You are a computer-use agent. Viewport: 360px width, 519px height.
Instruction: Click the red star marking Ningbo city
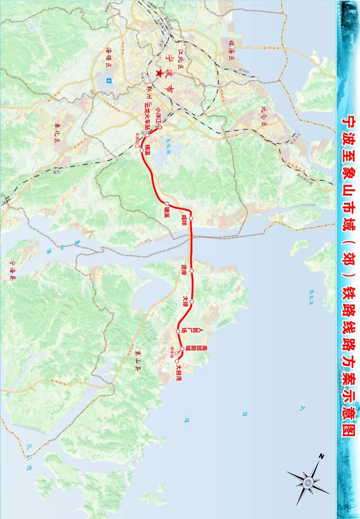coord(160,73)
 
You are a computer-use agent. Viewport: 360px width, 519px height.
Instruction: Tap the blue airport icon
coord(109,80)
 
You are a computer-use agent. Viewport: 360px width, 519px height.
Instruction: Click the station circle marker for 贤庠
coord(192,271)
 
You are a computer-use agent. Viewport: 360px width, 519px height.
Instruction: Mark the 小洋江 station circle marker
coord(160,128)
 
